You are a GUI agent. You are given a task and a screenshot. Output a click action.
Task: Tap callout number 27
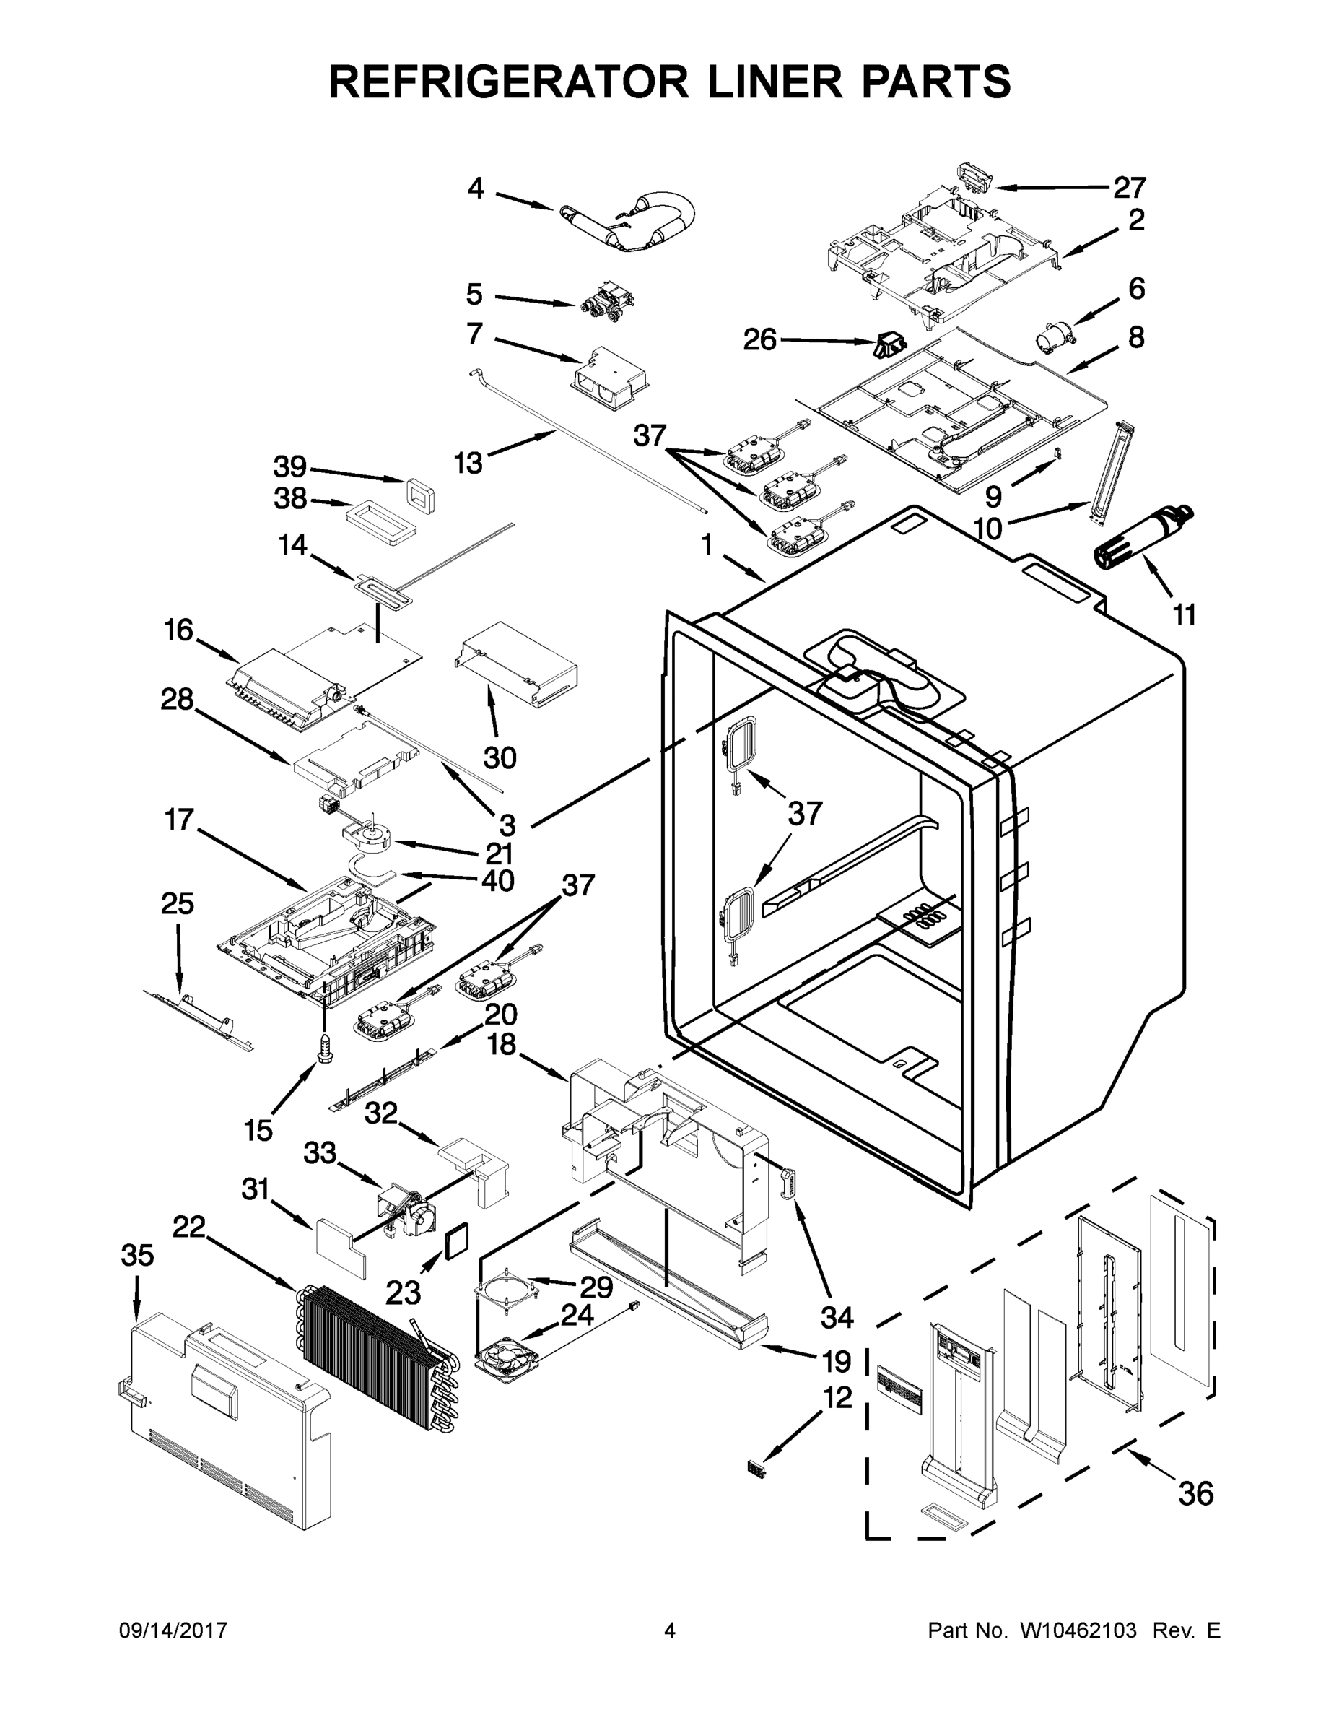point(1130,188)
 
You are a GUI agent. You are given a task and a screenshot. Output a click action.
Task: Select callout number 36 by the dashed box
point(1195,1493)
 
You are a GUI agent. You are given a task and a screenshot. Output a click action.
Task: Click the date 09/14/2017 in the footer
point(173,1630)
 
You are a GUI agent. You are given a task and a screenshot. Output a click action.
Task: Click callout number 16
point(178,630)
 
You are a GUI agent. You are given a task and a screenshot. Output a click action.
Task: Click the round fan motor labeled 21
point(367,840)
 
